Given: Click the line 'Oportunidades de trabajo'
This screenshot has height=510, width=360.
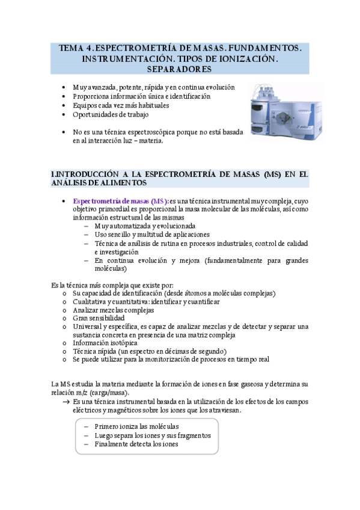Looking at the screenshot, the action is [111, 114].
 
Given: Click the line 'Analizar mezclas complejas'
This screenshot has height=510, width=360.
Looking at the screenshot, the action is [113, 310].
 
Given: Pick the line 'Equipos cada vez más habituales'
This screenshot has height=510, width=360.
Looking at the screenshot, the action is [121, 105].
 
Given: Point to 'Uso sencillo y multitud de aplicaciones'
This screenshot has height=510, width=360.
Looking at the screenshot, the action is [151, 234].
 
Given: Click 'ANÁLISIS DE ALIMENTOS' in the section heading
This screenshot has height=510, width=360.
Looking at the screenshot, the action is [99, 182].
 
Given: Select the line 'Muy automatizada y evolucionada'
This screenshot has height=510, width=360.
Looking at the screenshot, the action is [144, 226].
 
